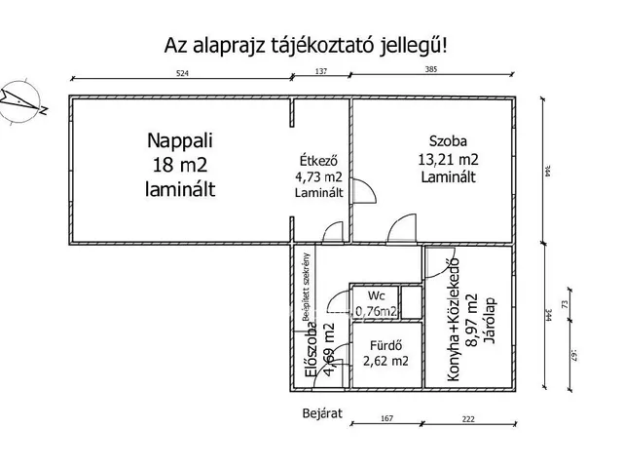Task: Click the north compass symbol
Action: click(x=20, y=97)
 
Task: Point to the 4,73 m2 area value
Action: click(x=319, y=177)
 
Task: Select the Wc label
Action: click(x=375, y=296)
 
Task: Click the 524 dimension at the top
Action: click(x=181, y=72)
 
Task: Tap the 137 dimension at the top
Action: click(x=321, y=72)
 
